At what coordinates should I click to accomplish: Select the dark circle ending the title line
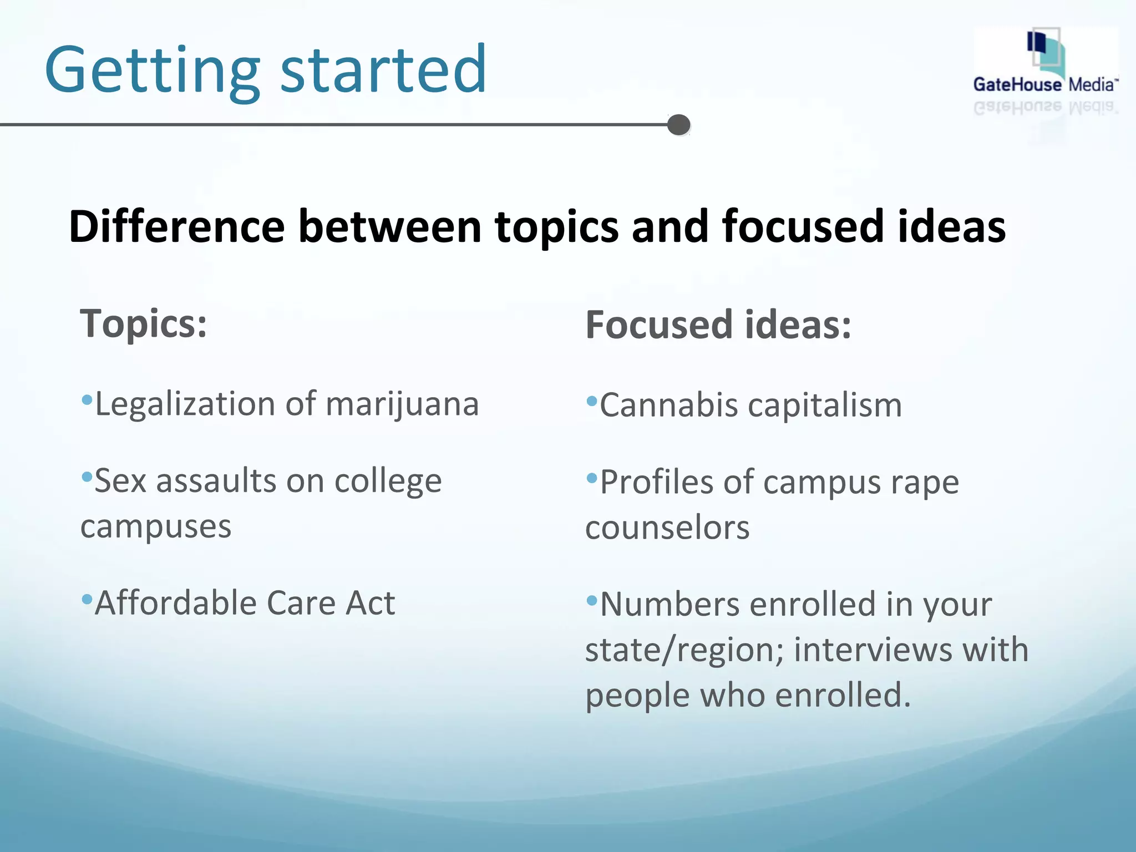[678, 125]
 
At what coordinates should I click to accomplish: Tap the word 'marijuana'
[402, 404]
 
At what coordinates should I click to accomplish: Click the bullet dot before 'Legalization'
[87, 399]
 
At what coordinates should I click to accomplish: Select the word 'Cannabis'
[668, 405]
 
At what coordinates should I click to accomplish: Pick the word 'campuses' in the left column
[156, 527]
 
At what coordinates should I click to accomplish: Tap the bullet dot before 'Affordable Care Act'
[87, 599]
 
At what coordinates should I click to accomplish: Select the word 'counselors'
[667, 528]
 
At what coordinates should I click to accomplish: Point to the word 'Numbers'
[670, 604]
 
